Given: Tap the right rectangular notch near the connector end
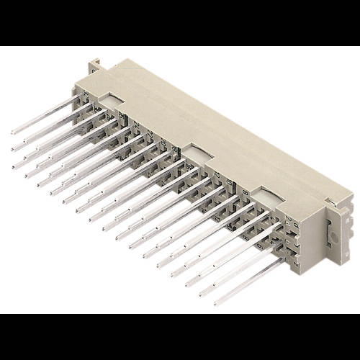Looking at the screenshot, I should pos(268,196).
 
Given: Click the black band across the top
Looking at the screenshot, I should pos(180,22).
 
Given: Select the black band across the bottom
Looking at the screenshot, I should pos(180,337).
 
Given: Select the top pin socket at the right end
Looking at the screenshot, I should pos(292,225).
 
